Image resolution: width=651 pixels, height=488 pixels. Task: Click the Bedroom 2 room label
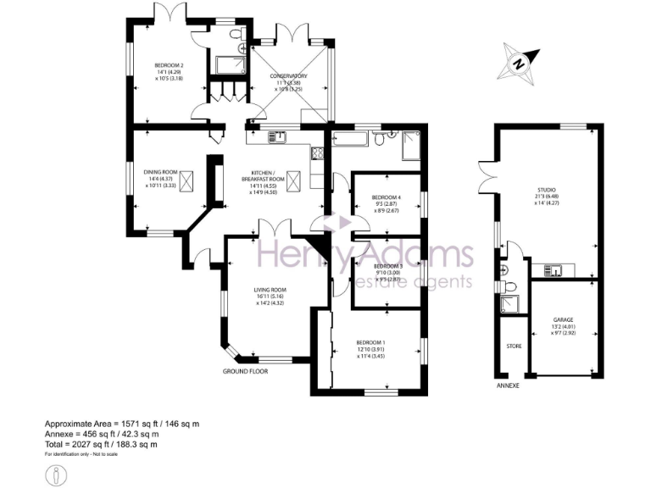[170, 65]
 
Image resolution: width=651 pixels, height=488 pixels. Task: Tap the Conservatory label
[288, 76]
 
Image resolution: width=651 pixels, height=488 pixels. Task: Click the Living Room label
[270, 291]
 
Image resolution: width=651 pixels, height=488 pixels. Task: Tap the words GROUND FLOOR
[246, 372]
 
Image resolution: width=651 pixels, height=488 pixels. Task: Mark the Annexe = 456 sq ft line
[102, 434]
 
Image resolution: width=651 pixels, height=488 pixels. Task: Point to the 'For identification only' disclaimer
[81, 454]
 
